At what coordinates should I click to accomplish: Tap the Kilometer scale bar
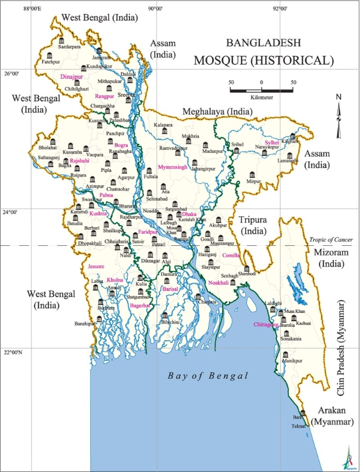tap(262, 90)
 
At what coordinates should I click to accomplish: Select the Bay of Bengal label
tap(208, 376)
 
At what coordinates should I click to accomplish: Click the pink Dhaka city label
tap(189, 214)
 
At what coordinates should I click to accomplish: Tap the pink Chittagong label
tap(266, 325)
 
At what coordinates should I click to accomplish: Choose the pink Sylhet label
tap(272, 142)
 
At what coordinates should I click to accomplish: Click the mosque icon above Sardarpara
tap(61, 40)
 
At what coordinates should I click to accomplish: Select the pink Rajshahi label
tap(79, 161)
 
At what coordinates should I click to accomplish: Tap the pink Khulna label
tap(114, 280)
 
